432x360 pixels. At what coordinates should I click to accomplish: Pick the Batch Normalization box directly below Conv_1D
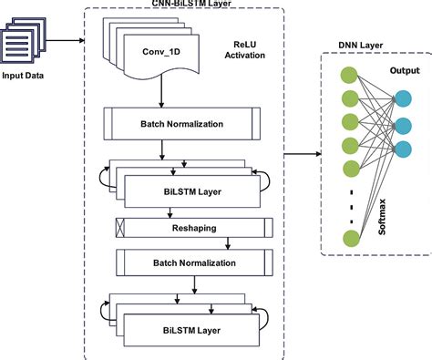click(188, 122)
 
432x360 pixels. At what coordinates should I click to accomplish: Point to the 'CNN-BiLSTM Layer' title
click(186, 5)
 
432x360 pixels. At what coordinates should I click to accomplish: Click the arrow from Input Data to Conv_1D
click(68, 40)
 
